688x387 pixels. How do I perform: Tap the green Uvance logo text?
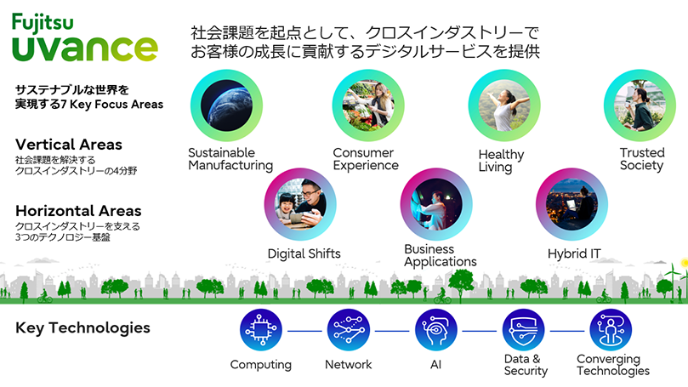coord(84,47)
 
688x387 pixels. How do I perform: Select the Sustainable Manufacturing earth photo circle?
coord(226,105)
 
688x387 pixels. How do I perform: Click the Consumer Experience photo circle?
coord(367,105)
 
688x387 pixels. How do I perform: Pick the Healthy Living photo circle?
coord(504,105)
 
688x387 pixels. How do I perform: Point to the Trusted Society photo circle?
coord(639,105)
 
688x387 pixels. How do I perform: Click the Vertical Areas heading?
coord(69,145)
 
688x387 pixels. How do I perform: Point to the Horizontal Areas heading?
coord(78,211)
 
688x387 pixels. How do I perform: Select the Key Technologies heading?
coord(82,327)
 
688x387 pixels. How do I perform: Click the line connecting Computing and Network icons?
coord(304,330)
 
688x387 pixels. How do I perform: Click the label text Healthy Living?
coord(501,161)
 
